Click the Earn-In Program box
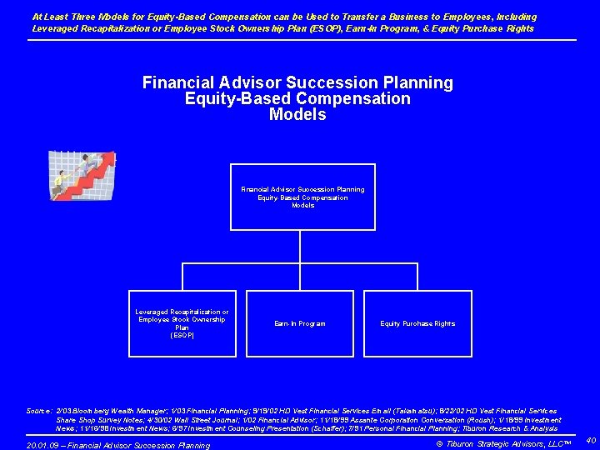(x=300, y=323)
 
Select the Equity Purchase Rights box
(x=417, y=323)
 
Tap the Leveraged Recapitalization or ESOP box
(x=182, y=323)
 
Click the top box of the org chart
(x=302, y=197)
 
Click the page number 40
(x=590, y=439)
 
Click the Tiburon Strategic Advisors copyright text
(x=504, y=443)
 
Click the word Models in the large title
(x=297, y=115)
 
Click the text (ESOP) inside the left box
(x=182, y=335)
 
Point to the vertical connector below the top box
(x=300, y=246)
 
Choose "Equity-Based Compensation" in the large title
(x=297, y=99)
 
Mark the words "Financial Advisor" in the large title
(x=212, y=83)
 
